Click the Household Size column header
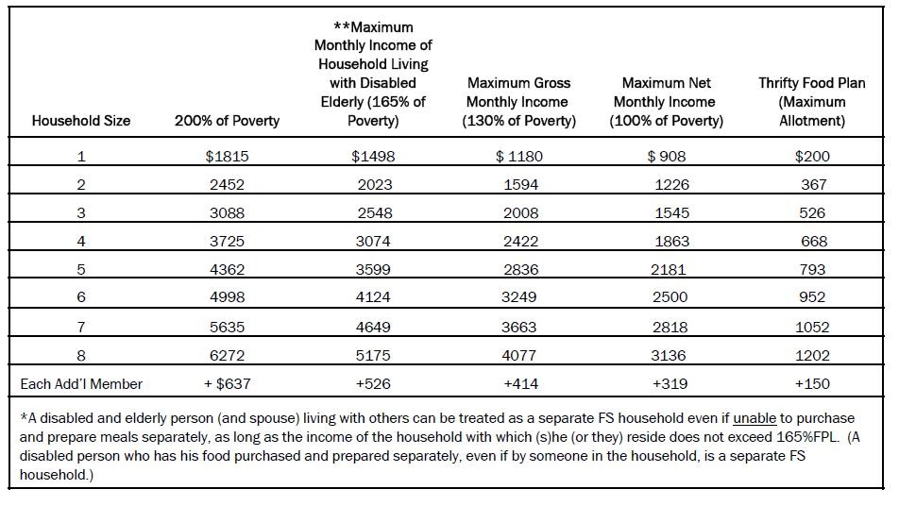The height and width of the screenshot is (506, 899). click(x=81, y=121)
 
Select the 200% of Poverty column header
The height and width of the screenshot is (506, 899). click(x=227, y=121)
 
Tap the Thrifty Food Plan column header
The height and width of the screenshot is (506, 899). click(x=811, y=102)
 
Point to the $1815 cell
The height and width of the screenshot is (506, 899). click(x=227, y=157)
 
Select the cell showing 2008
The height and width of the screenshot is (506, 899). click(x=518, y=213)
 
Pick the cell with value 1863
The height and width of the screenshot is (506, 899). click(x=671, y=242)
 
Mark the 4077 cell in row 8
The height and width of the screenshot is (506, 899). click(x=518, y=356)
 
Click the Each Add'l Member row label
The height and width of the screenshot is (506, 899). click(x=81, y=384)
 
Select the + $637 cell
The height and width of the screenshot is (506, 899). click(x=227, y=384)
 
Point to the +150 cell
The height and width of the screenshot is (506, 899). click(x=811, y=384)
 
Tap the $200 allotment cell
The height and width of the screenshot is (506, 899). click(x=811, y=157)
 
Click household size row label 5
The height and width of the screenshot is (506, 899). click(x=81, y=270)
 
